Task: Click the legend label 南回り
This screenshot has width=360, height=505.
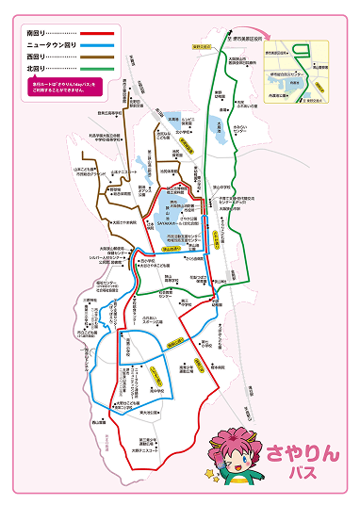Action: [x=40, y=33]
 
